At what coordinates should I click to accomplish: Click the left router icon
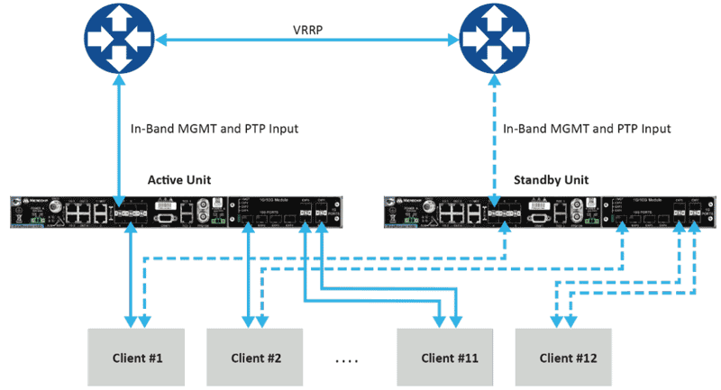pyautogui.click(x=119, y=38)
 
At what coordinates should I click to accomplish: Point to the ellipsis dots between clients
pyautogui.click(x=348, y=361)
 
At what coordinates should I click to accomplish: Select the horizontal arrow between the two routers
pyautogui.click(x=306, y=40)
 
